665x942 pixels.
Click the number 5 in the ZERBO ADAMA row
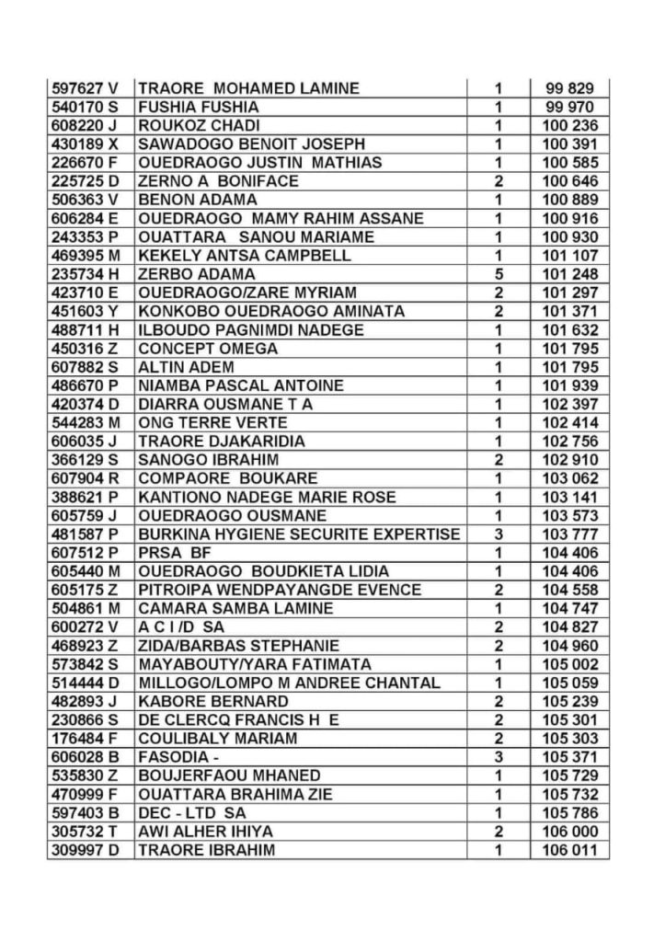tap(499, 274)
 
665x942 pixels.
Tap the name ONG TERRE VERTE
tap(212, 423)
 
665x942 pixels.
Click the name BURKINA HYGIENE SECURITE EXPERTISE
tap(298, 534)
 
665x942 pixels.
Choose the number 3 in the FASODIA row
tap(499, 757)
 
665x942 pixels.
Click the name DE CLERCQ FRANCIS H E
tap(238, 720)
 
